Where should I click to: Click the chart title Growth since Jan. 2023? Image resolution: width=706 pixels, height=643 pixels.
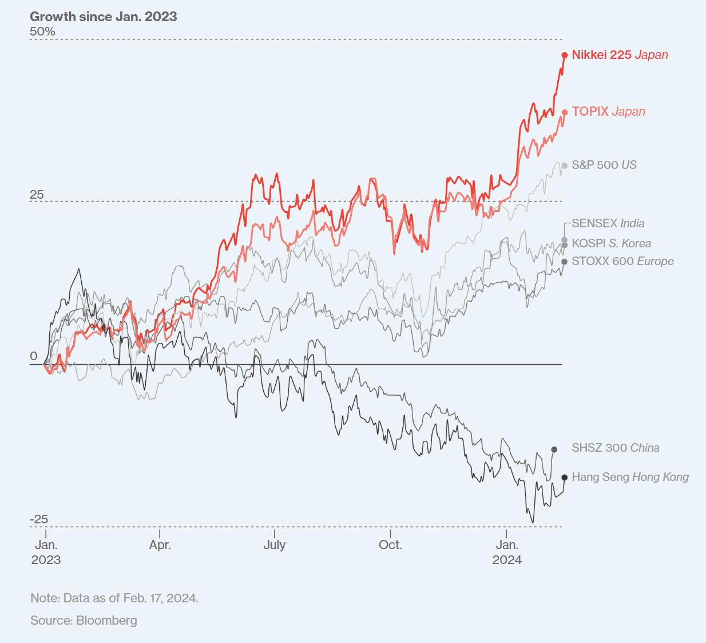pos(104,17)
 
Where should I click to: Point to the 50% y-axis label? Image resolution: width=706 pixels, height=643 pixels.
pos(42,31)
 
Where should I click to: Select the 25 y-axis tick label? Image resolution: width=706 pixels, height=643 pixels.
pos(37,195)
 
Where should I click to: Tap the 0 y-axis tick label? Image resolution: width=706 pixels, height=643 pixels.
pos(34,356)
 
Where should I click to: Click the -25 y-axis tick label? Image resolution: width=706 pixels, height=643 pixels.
pos(39,519)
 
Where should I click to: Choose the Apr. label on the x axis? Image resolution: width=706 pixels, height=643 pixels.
pos(160,545)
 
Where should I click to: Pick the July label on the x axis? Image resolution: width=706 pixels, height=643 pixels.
pos(275,545)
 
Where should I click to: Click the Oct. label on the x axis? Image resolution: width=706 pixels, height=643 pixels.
pos(390,545)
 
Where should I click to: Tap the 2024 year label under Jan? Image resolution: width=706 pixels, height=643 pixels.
pos(507,559)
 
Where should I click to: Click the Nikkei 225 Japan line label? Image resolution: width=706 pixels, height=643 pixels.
pos(620,55)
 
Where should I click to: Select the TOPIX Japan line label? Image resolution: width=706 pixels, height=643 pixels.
pos(608,112)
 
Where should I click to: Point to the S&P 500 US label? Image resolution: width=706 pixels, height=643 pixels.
pos(604,165)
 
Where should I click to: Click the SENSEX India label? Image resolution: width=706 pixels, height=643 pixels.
pos(608,223)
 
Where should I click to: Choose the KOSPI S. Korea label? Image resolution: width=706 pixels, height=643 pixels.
pos(611,243)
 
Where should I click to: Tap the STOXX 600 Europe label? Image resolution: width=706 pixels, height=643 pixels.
pos(622,261)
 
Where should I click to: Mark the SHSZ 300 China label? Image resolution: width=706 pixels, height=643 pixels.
pos(615,448)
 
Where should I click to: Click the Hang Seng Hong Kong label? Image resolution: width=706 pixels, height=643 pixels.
pos(630,477)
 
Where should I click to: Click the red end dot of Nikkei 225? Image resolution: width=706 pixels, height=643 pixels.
pos(565,55)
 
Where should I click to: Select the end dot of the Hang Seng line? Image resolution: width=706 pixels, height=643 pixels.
pos(565,478)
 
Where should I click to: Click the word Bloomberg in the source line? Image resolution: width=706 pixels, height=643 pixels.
pos(106,620)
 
